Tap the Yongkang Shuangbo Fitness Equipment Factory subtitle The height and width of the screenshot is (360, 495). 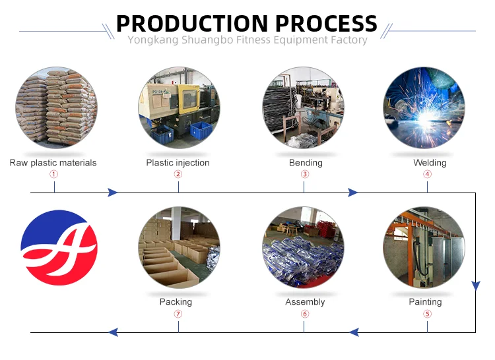(247, 40)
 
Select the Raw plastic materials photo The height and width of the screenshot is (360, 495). (56, 107)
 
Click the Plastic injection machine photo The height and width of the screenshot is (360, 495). (178, 107)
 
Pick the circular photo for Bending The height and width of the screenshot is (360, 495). (303, 107)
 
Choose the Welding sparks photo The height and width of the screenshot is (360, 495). (424, 107)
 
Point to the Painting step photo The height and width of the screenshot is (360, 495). (424, 247)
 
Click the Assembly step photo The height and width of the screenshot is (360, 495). (303, 247)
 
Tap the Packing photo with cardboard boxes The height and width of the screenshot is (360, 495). (178, 247)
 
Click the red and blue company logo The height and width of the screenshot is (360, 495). (59, 247)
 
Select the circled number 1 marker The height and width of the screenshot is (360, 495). (54, 174)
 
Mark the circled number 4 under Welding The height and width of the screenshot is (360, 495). (427, 174)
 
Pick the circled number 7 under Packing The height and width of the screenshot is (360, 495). (178, 314)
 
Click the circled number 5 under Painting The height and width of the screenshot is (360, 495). (427, 314)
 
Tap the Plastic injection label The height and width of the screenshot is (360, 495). (178, 162)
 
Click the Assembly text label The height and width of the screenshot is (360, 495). (305, 302)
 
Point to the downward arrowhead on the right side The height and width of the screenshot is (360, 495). (475, 285)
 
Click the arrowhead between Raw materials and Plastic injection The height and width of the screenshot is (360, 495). (112, 193)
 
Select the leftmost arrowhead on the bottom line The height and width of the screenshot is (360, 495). (113, 332)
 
